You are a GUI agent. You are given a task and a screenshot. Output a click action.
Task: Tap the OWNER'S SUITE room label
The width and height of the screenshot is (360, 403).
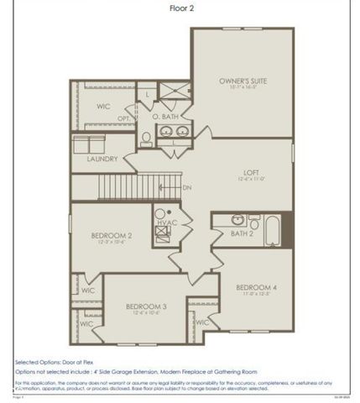(x=243, y=81)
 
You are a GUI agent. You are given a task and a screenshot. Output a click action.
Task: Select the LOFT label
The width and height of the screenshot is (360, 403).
(x=252, y=171)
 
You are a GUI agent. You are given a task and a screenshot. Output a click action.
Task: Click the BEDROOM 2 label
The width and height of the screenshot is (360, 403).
(x=112, y=235)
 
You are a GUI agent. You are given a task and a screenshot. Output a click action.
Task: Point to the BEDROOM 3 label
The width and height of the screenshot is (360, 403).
(x=146, y=306)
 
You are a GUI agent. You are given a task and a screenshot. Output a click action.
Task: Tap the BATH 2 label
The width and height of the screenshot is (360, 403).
(x=243, y=234)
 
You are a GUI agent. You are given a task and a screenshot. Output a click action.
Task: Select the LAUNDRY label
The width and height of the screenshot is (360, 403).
(x=102, y=158)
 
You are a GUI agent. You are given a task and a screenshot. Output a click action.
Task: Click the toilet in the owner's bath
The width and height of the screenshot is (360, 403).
(x=146, y=136)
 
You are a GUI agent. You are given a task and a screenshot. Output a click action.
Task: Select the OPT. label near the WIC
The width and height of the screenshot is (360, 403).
(x=123, y=118)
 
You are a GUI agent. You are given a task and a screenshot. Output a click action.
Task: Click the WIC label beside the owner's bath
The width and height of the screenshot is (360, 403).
(x=103, y=107)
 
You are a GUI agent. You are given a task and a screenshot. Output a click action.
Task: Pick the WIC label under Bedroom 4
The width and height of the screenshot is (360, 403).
(x=201, y=322)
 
